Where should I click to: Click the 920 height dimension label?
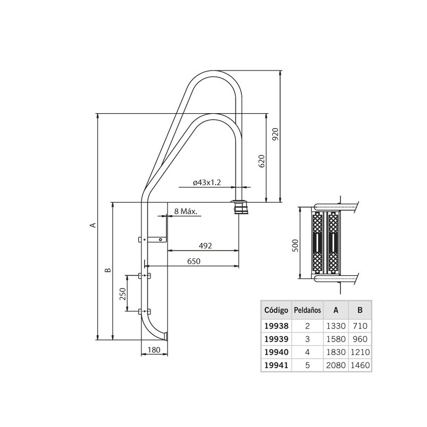click(275, 134)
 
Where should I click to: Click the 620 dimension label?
click(261, 161)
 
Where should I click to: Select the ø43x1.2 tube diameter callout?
click(207, 183)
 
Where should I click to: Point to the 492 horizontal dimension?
click(205, 246)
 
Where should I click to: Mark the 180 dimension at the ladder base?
click(154, 350)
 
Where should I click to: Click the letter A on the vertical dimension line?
click(92, 225)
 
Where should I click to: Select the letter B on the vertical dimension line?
click(107, 271)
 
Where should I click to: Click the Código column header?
click(276, 310)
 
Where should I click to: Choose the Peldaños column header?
click(307, 310)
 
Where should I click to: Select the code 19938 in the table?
click(276, 325)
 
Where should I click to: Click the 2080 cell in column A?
click(336, 366)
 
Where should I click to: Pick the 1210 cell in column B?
click(360, 352)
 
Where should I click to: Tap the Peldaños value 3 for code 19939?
click(307, 338)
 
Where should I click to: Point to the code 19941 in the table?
click(276, 366)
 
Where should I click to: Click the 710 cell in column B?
click(360, 325)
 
